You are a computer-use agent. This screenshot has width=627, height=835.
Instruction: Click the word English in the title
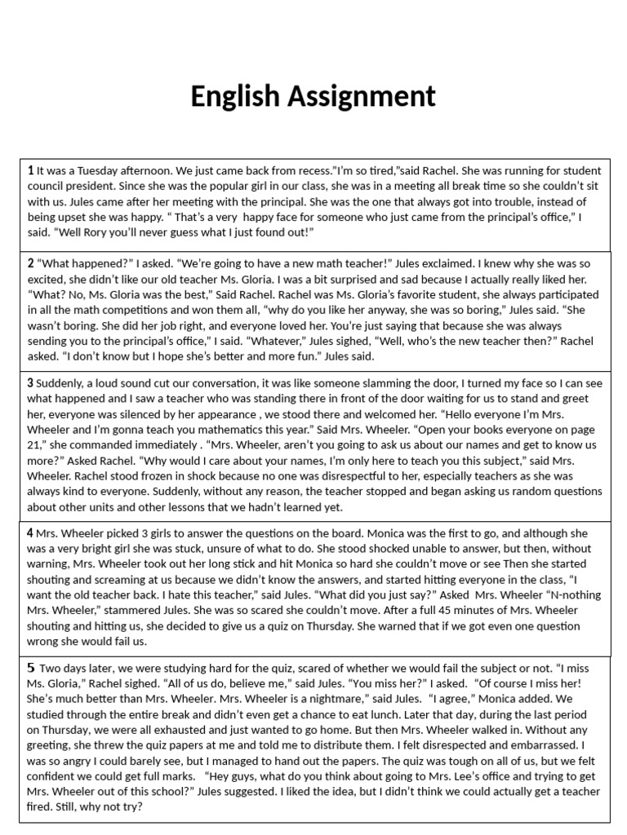pos(236,97)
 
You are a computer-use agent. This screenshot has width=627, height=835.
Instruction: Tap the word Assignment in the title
pos(360,97)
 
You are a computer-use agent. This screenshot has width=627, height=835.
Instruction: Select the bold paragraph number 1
pos(30,170)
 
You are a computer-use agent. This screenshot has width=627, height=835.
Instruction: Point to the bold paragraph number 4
pos(30,533)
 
